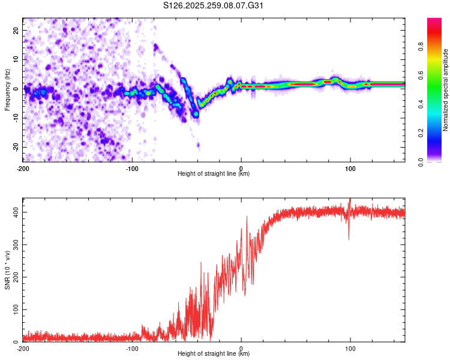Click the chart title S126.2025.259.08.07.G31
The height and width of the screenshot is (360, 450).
(x=214, y=6)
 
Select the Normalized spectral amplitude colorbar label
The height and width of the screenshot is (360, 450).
(x=446, y=90)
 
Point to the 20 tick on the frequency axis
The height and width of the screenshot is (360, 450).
(x=16, y=30)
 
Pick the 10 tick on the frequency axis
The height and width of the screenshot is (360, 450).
(x=16, y=59)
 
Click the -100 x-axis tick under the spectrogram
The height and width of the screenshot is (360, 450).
(x=132, y=169)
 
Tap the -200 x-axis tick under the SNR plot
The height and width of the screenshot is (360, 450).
(x=23, y=349)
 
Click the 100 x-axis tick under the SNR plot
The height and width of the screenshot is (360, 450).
(x=350, y=349)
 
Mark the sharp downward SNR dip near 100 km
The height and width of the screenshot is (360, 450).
(x=349, y=239)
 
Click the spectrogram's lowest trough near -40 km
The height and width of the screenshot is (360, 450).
(x=196, y=113)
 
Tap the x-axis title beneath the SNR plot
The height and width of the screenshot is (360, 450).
(x=214, y=354)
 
